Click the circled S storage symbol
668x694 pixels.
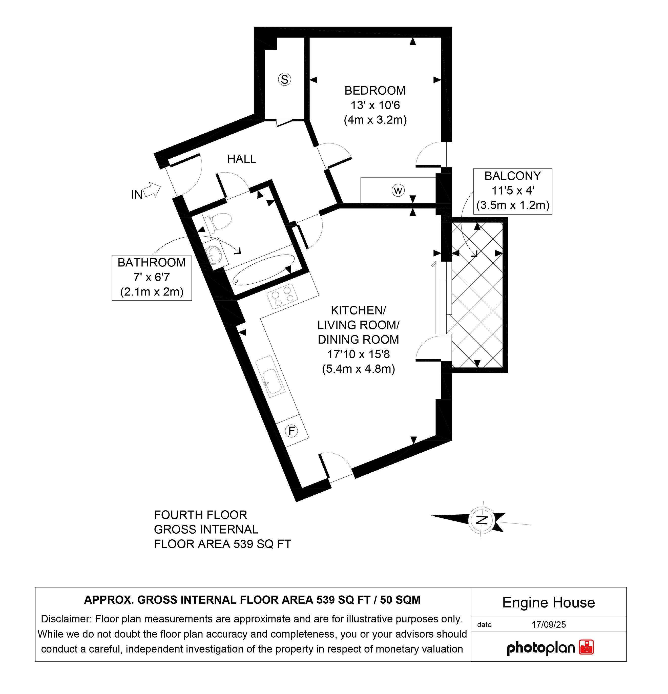[284, 79]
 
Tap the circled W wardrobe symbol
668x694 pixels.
[398, 191]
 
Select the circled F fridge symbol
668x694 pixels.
[291, 431]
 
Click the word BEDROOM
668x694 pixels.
[375, 91]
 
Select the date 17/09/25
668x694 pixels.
[549, 624]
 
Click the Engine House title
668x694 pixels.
[548, 602]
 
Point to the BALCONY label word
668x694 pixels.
[512, 176]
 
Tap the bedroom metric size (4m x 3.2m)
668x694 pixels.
[375, 120]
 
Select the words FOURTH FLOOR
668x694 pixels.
[200, 515]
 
